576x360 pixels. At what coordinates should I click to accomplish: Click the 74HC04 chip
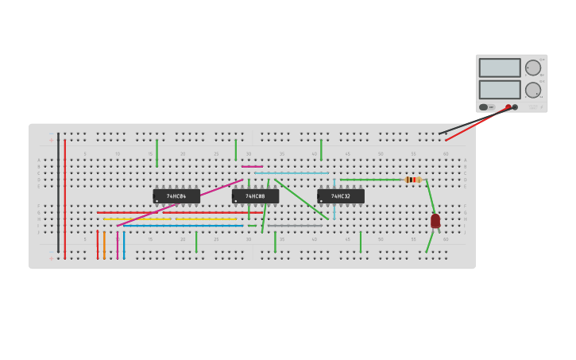(176, 196)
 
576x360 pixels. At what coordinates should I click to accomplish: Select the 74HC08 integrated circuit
(255, 196)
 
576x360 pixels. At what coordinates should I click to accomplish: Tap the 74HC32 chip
(341, 196)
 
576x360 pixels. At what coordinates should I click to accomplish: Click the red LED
(435, 221)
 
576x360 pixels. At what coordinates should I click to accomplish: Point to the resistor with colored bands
(412, 180)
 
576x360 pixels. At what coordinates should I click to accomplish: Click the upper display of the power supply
(500, 68)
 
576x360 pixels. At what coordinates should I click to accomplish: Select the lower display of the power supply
(500, 89)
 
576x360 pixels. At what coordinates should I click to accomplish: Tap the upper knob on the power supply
(532, 68)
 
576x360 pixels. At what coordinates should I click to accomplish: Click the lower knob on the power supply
(532, 90)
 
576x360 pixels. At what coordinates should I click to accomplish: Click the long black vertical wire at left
(58, 191)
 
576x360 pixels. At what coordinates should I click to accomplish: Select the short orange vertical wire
(104, 245)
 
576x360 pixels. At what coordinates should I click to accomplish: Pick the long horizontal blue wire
(183, 226)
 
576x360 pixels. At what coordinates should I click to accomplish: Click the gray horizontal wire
(295, 226)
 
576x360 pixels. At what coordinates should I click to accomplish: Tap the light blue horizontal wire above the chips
(291, 173)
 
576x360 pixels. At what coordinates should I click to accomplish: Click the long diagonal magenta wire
(180, 203)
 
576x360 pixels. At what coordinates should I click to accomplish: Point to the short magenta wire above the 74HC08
(252, 167)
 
